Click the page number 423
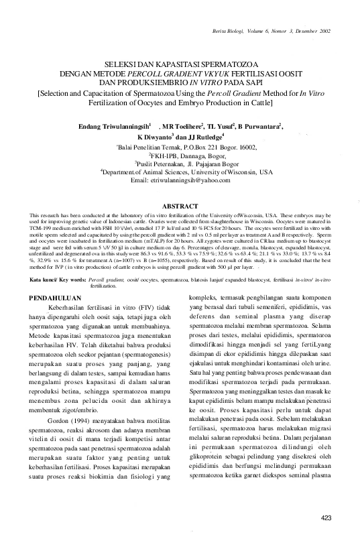pos(326,516)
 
